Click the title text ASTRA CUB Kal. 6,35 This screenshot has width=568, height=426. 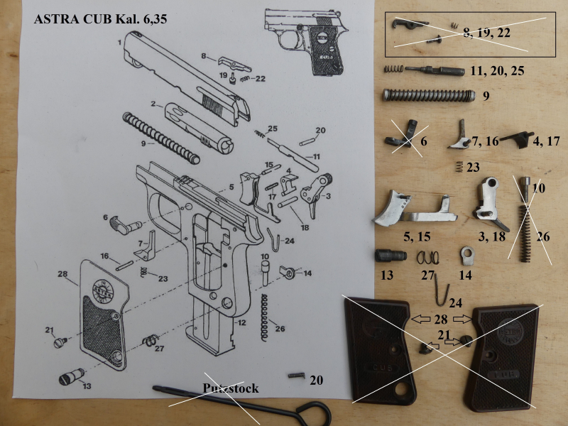(x=100, y=19)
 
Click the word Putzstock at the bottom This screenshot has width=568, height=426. (x=230, y=388)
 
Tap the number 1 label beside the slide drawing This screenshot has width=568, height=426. (x=119, y=43)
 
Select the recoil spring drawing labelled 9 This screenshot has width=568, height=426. (x=161, y=138)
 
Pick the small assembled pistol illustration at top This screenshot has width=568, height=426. (x=306, y=42)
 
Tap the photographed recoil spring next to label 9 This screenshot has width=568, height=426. (x=429, y=95)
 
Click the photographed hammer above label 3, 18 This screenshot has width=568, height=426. (x=489, y=203)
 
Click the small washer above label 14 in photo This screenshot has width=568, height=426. (x=467, y=256)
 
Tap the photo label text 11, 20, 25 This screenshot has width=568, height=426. (x=497, y=70)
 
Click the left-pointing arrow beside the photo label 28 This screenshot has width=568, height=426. (x=421, y=319)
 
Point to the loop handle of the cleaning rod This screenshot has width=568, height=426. (x=314, y=414)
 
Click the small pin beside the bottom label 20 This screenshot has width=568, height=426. (x=297, y=376)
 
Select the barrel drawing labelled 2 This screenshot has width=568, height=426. (x=199, y=128)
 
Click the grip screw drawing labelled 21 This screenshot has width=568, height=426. (x=60, y=342)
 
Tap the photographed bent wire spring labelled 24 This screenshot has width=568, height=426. (x=441, y=290)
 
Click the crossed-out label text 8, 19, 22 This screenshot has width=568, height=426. (x=486, y=33)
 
